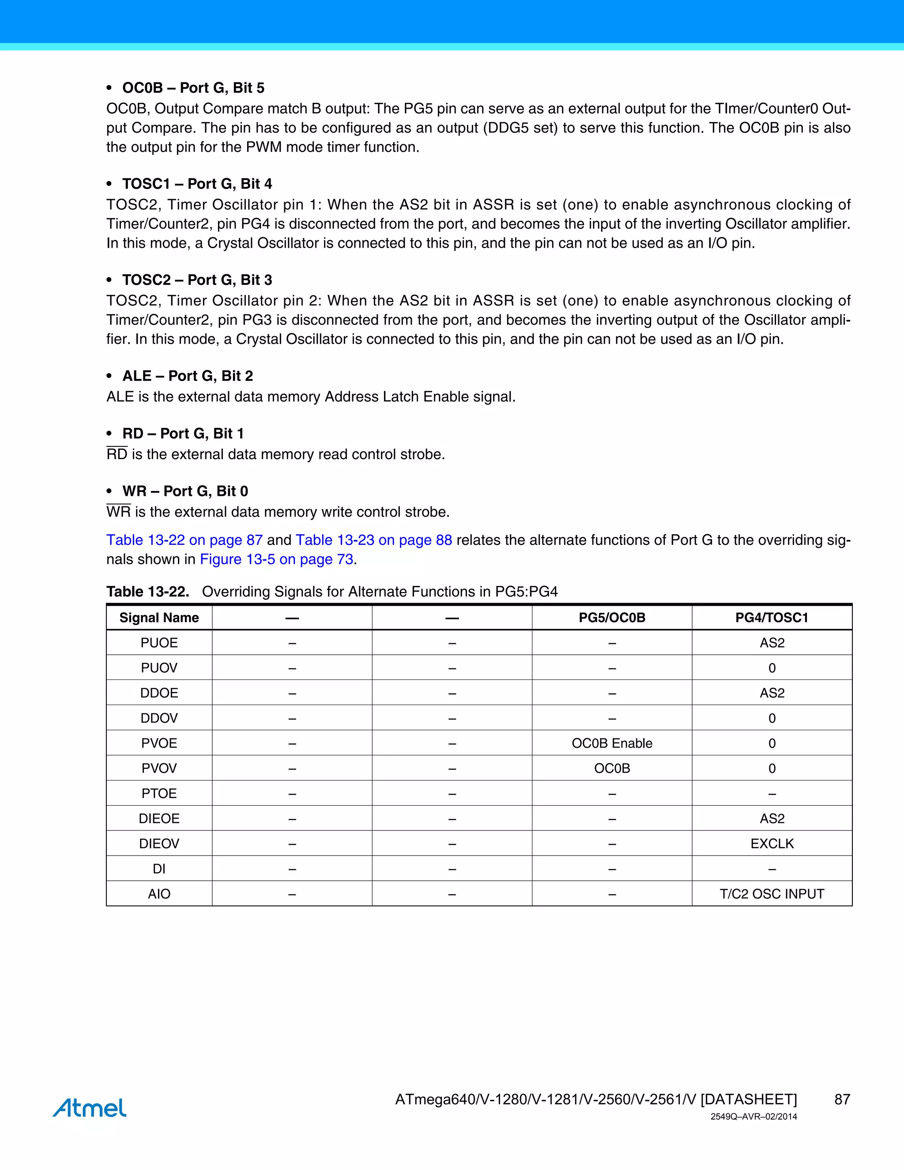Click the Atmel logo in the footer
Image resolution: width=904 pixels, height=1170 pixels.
click(90, 1107)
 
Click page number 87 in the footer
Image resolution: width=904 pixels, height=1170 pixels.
click(842, 1099)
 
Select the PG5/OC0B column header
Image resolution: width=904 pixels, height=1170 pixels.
click(612, 618)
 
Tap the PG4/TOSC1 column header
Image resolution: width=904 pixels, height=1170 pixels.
click(771, 618)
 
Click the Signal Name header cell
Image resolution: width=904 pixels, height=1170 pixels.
click(159, 618)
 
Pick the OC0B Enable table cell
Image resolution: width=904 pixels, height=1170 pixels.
click(612, 743)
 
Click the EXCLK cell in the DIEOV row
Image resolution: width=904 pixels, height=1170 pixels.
click(771, 843)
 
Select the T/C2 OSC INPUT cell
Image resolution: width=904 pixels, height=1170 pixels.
click(771, 894)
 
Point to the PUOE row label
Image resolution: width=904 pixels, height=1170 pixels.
click(159, 643)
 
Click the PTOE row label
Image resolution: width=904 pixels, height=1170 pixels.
click(159, 793)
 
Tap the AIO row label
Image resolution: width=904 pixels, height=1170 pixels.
click(159, 894)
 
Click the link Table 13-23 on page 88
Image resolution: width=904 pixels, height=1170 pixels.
click(374, 540)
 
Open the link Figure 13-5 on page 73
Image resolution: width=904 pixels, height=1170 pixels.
click(276, 559)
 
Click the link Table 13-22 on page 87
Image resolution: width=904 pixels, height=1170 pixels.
click(184, 540)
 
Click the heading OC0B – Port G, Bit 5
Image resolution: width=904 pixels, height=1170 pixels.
click(193, 88)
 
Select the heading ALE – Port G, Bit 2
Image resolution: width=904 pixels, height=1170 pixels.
click(188, 376)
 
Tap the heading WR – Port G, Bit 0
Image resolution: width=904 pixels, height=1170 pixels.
click(185, 491)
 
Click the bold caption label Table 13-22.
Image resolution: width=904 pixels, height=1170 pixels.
click(148, 592)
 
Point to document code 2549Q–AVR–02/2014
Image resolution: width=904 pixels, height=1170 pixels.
click(753, 1117)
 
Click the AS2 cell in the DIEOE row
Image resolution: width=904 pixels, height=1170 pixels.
click(771, 819)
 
